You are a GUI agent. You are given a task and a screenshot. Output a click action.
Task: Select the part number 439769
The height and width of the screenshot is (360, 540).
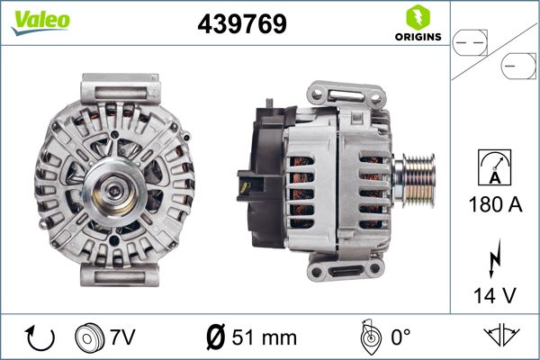(x=241, y=25)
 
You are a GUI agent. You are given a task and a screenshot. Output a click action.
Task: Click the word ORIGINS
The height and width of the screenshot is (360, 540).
(x=416, y=38)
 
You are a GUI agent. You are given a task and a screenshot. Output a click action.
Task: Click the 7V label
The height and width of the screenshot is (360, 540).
(x=123, y=338)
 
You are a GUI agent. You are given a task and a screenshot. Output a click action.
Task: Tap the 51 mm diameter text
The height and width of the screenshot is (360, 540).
(x=265, y=338)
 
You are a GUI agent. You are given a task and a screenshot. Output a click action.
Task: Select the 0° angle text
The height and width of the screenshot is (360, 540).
(x=400, y=338)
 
